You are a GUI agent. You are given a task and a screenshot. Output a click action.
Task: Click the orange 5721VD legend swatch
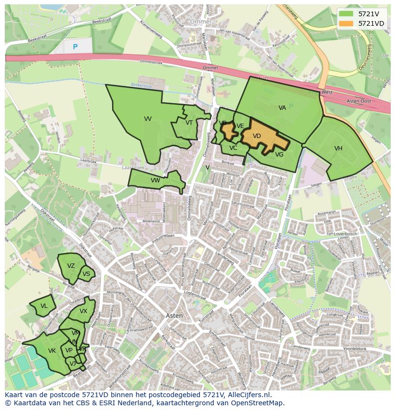347,23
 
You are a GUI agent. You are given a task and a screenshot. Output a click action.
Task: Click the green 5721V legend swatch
347,14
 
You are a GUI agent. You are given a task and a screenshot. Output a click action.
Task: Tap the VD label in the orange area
257,136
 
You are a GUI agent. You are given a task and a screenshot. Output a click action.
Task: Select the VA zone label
282,108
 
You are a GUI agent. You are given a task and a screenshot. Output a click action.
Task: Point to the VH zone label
338,148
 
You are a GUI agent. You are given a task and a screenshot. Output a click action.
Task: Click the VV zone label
148,119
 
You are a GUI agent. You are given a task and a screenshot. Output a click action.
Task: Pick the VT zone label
189,123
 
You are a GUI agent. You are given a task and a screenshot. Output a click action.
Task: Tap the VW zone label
155,180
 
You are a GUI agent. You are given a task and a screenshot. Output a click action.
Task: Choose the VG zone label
279,155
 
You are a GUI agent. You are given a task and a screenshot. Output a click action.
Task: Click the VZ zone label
71,266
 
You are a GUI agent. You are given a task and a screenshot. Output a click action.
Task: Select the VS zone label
86,274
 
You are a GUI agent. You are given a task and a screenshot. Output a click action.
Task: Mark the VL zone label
44,306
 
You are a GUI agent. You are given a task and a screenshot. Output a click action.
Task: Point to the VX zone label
83,311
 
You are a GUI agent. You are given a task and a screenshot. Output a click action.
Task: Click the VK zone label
52,351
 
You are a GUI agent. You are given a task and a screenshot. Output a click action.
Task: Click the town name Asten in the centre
174,316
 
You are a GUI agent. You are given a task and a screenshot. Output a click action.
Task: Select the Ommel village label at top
199,22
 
